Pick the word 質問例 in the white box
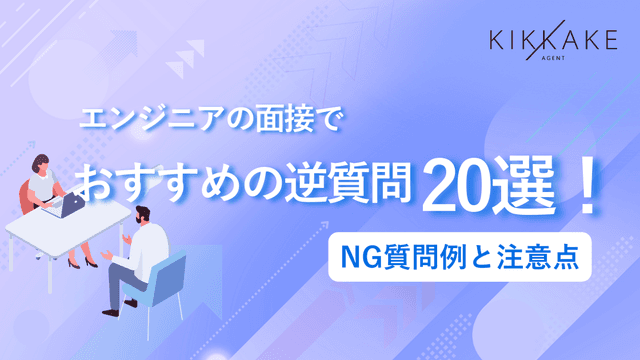pos(438,254)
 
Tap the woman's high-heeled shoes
pos(92,262)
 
